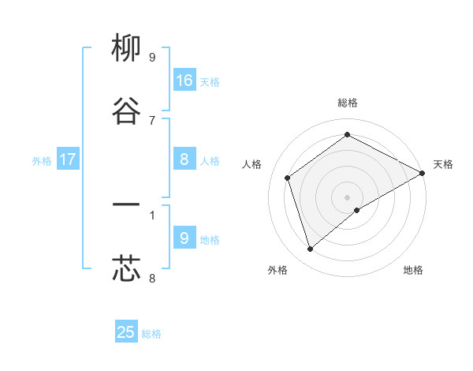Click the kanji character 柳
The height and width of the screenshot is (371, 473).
[x=126, y=49]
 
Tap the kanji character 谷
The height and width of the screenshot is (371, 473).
[x=126, y=111]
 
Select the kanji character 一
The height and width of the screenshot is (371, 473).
[x=126, y=205]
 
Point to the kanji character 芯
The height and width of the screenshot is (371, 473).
[x=126, y=268]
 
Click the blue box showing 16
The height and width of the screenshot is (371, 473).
[x=184, y=81]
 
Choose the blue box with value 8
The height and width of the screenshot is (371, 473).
[x=184, y=159]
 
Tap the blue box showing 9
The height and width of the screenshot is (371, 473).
[x=184, y=238]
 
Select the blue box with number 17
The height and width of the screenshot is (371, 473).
[x=68, y=159]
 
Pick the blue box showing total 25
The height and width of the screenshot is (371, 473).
[x=126, y=332]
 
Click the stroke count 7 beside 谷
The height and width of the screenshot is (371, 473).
[x=152, y=120]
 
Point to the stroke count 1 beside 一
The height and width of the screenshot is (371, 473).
[x=152, y=214]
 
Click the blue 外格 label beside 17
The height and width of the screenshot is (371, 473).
[x=42, y=160]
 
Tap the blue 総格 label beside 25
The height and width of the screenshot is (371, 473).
[x=151, y=333]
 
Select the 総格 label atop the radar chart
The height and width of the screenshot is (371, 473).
[x=348, y=103]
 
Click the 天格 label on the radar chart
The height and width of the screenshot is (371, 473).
[x=443, y=164]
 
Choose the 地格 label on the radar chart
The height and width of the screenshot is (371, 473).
[x=413, y=270]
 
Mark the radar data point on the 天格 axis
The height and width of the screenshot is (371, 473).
[x=423, y=173]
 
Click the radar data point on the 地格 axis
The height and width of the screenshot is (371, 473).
[x=358, y=210]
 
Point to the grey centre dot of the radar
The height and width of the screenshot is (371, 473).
[x=348, y=197]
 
